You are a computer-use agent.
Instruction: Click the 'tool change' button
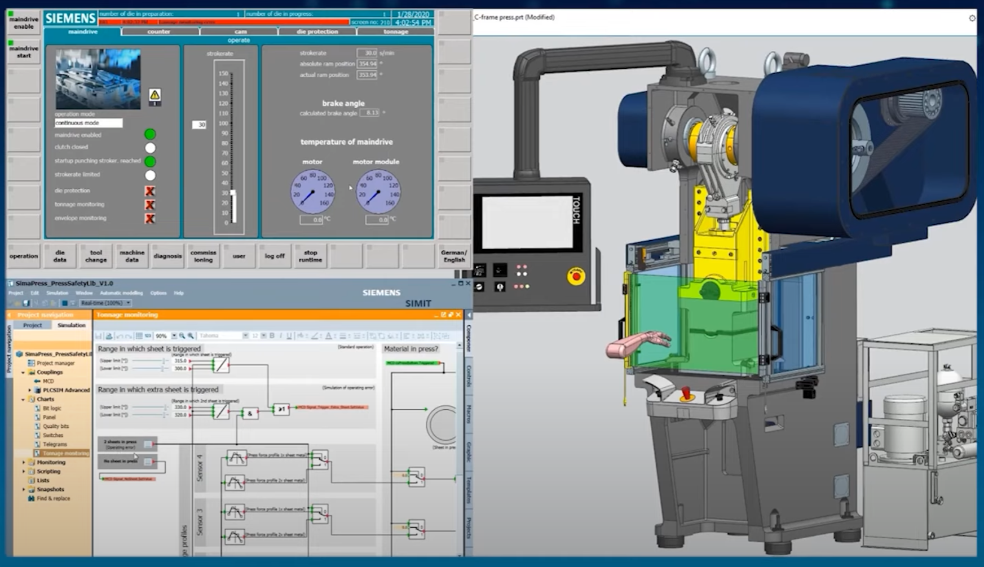(96, 256)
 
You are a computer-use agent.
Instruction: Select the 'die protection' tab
(317, 32)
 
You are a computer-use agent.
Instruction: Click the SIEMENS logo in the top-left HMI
(70, 19)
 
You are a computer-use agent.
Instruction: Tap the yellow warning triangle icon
(155, 95)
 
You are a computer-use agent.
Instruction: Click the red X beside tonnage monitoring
(150, 205)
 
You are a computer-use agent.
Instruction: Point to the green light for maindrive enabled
(150, 134)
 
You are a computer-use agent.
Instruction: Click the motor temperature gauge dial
(312, 192)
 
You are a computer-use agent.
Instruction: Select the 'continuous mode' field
(88, 123)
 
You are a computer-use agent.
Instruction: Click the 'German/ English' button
(454, 256)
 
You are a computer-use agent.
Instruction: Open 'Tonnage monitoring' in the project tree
(65, 453)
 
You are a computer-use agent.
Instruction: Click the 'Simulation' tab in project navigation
(71, 325)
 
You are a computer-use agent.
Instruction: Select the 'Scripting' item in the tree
(48, 471)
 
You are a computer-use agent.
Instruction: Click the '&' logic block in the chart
(250, 413)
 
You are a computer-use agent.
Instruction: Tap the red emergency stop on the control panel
(576, 276)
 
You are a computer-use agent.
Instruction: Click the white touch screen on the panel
(527, 222)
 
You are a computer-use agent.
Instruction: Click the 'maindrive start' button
(24, 52)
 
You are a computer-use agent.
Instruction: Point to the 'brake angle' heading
(343, 103)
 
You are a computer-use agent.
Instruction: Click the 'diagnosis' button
(167, 256)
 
